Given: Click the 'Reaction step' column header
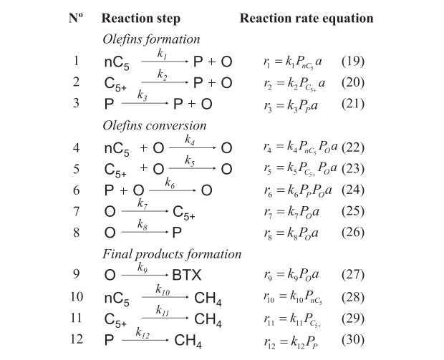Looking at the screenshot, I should [141, 17].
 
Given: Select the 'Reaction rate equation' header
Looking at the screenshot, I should [307, 17].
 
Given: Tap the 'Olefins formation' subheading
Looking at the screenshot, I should [151, 39].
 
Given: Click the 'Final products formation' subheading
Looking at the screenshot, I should [172, 254].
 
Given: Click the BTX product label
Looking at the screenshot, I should [187, 276].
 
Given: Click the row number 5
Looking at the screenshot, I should [76, 169].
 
